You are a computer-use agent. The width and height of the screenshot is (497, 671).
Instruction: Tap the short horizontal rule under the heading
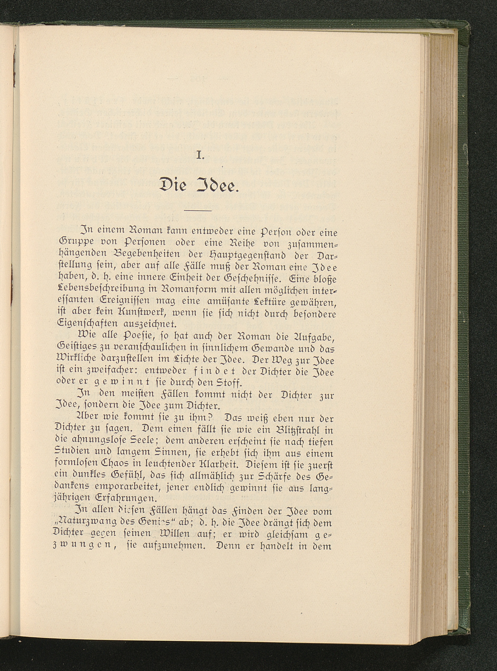tap(199, 210)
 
